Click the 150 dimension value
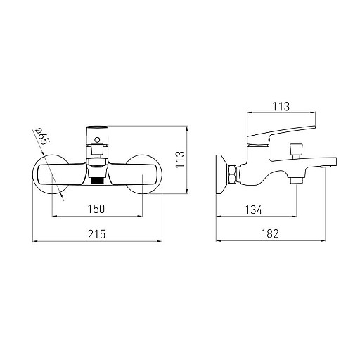(x=96, y=209)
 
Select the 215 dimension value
(x=97, y=234)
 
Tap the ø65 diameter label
(x=42, y=136)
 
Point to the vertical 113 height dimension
(x=180, y=160)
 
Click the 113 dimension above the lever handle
(x=281, y=107)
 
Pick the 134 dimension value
(x=254, y=210)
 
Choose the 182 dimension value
(x=270, y=233)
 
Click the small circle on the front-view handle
(x=97, y=140)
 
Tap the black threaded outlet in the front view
(x=96, y=181)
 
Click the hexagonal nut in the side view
(x=232, y=174)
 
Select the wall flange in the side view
(x=221, y=174)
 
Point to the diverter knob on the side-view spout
(x=296, y=150)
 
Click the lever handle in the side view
(x=281, y=136)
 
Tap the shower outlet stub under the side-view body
(x=297, y=180)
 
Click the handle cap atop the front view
(x=97, y=136)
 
